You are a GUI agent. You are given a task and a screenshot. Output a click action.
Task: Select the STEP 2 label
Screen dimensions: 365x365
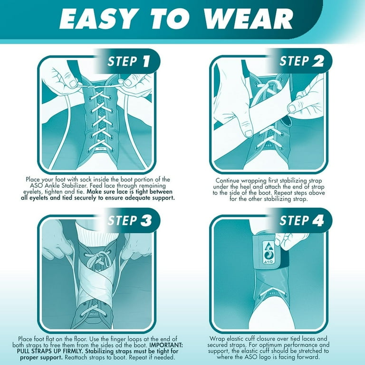pyautogui.click(x=301, y=61)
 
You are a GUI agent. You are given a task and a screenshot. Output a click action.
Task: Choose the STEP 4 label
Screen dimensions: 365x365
pyautogui.click(x=301, y=221)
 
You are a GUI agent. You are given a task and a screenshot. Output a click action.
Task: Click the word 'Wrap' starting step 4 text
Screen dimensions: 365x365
pyautogui.click(x=218, y=338)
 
